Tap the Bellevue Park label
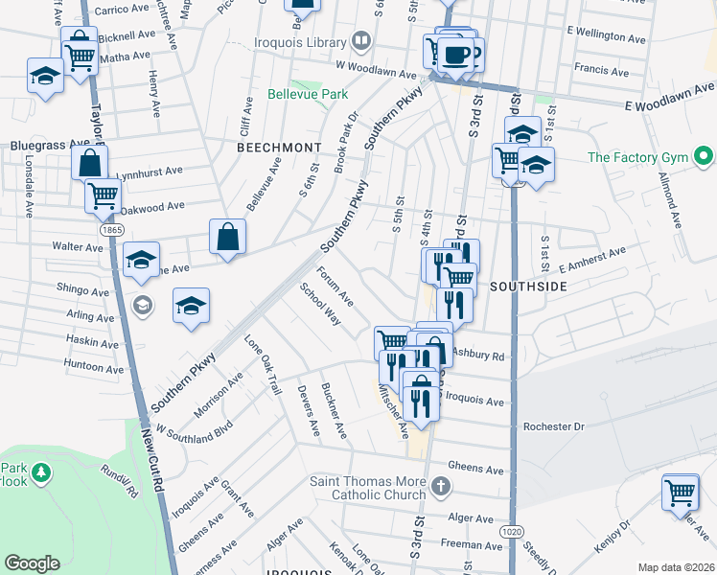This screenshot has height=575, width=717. point(306,95)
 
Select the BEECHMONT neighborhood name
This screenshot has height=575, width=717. point(278,148)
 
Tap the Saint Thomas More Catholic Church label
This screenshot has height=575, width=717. point(367,488)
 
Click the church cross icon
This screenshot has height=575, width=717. point(440,487)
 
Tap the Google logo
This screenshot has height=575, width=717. point(32,563)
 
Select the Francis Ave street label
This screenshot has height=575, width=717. point(601,68)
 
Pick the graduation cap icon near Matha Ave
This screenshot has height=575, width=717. point(45,75)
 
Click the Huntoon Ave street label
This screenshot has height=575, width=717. point(94,367)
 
